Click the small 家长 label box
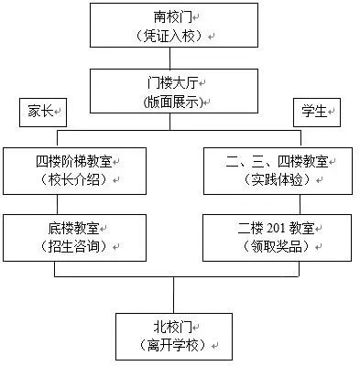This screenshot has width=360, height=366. click(38, 112)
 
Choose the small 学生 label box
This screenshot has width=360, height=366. click(314, 112)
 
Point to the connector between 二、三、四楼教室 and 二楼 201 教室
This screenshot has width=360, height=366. click(276, 204)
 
